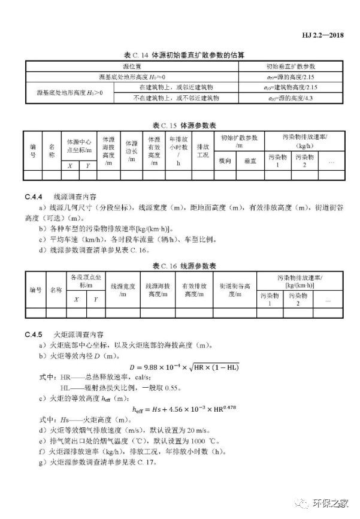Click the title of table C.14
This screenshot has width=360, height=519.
pos(180,55)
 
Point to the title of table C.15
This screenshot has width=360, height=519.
pos(180,125)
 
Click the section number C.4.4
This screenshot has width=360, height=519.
pos(32,196)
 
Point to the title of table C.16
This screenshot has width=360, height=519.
pos(180,265)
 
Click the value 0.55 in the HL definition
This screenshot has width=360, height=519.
pos(157,387)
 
